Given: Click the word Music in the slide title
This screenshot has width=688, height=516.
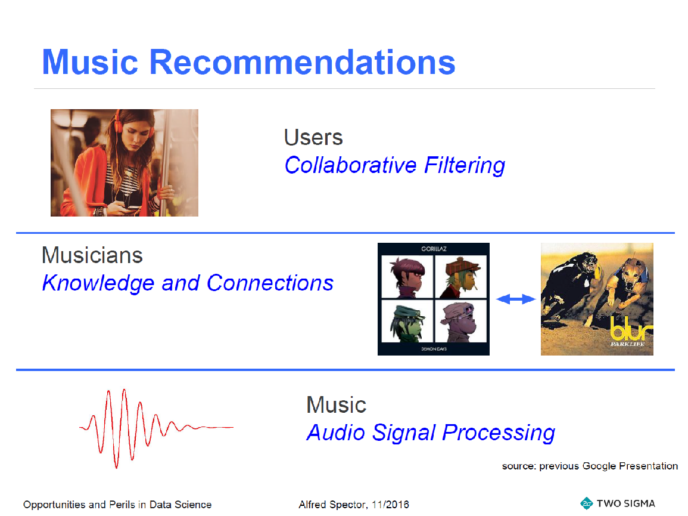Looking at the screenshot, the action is pyautogui.click(x=90, y=62).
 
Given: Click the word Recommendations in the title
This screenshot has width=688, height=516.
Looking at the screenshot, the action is pyautogui.click(x=303, y=62).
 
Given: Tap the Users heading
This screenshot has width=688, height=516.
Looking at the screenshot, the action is pyautogui.click(x=313, y=137).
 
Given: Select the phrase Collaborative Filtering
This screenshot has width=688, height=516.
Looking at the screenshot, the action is pyautogui.click(x=394, y=166).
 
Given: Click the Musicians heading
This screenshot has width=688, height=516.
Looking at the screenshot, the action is pyautogui.click(x=92, y=255).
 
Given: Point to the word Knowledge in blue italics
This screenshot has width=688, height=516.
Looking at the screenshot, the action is pyautogui.click(x=98, y=283).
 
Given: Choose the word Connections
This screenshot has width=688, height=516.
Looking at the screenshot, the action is pyautogui.click(x=270, y=283).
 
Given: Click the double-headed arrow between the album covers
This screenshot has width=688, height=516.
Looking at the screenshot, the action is pyautogui.click(x=516, y=299).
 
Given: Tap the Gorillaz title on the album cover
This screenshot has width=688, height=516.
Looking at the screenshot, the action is pyautogui.click(x=434, y=249).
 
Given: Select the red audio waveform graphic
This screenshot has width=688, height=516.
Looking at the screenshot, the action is pyautogui.click(x=156, y=428).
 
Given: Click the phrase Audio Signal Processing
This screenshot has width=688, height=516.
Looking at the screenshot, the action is pyautogui.click(x=431, y=432).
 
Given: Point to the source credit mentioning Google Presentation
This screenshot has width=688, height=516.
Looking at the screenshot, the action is pyautogui.click(x=590, y=466).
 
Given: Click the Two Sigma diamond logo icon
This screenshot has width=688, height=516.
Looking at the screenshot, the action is pyautogui.click(x=587, y=503).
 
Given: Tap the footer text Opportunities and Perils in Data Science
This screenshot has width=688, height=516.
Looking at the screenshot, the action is pyautogui.click(x=117, y=505).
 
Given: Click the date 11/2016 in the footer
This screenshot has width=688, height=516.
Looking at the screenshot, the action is pyautogui.click(x=390, y=505).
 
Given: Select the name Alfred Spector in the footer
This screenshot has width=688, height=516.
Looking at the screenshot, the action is pyautogui.click(x=332, y=505).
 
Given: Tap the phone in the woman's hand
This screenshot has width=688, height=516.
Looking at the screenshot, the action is pyautogui.click(x=132, y=208).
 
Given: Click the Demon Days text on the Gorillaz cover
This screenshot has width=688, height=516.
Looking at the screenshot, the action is pyautogui.click(x=434, y=349).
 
